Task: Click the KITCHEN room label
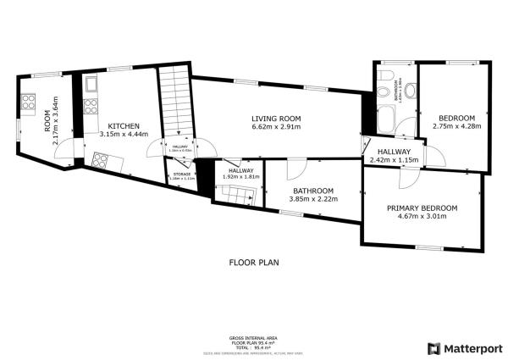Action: [x=119, y=125]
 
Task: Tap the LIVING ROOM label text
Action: [x=277, y=118]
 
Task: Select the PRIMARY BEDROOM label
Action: [x=422, y=208]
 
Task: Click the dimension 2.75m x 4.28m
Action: [x=456, y=126]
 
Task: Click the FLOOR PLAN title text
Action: [x=253, y=262]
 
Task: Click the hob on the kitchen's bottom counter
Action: [x=103, y=159]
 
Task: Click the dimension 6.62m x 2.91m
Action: [x=277, y=126]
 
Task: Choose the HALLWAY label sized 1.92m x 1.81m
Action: [x=240, y=173]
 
